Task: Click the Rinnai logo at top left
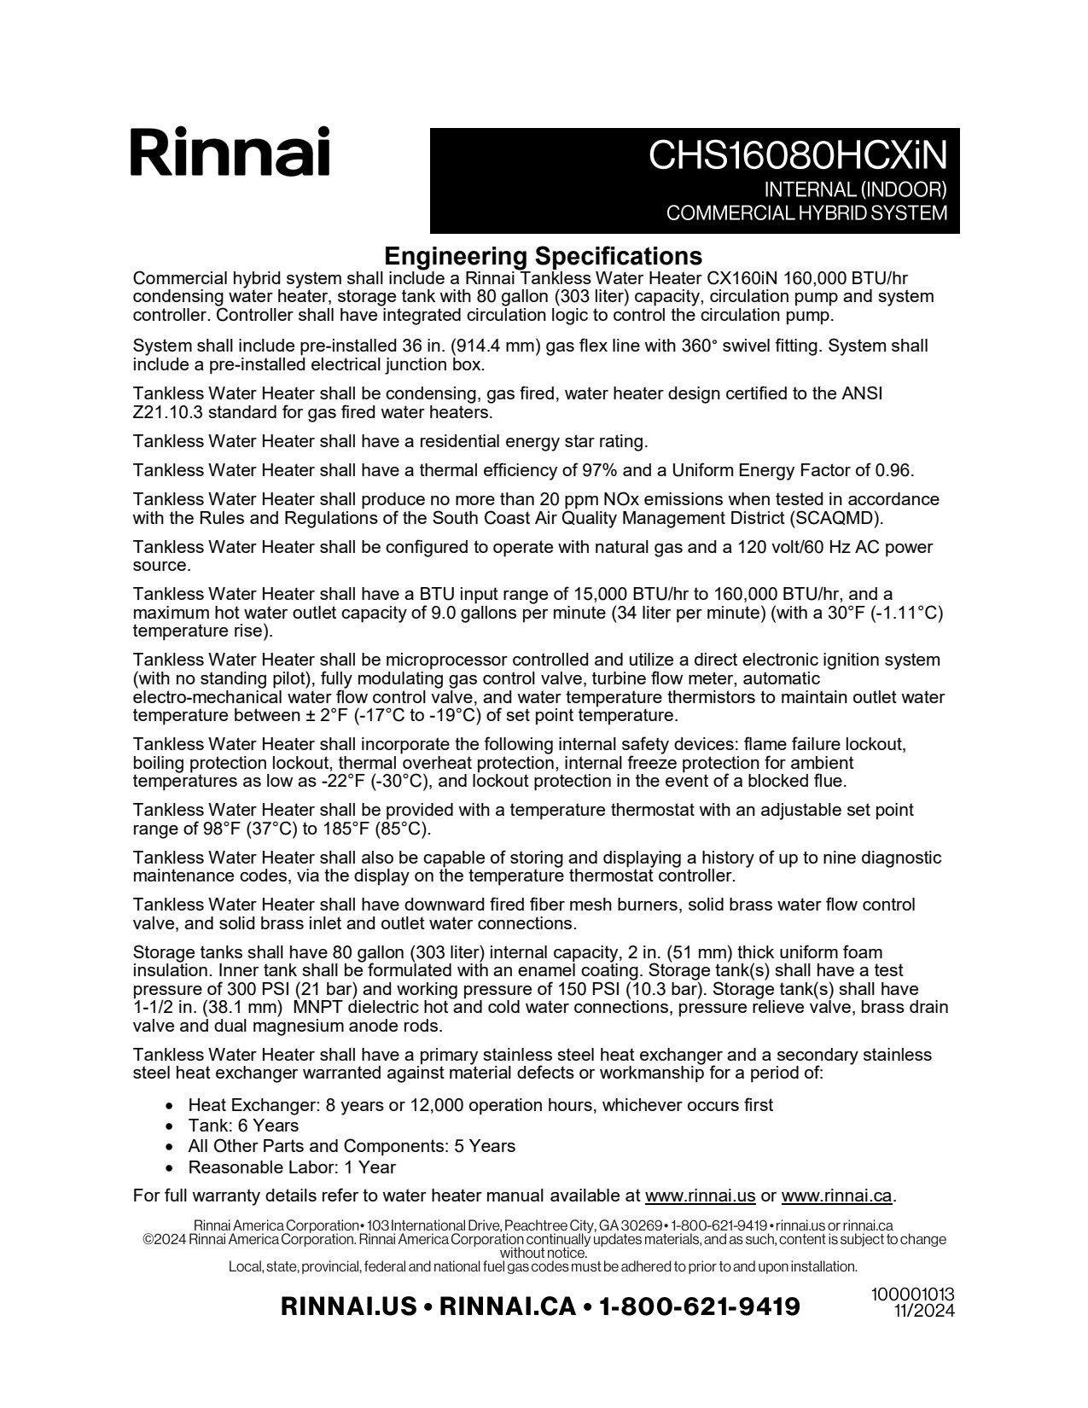tap(230, 153)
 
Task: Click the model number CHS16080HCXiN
tap(797, 155)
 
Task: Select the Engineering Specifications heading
tap(543, 256)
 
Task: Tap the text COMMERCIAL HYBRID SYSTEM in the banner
tap(806, 213)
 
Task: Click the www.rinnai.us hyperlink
tap(700, 1196)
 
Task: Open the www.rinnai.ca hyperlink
tap(836, 1196)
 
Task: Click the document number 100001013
tap(912, 1295)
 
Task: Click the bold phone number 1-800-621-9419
tap(700, 1306)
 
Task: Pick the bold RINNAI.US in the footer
tap(348, 1306)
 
